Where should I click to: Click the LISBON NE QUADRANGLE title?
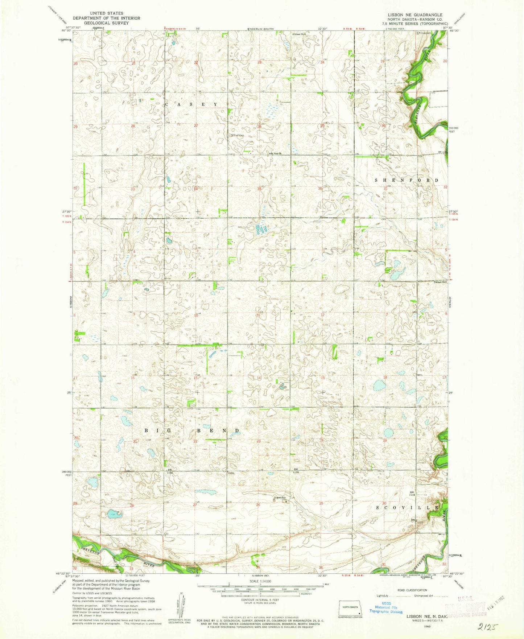tap(410, 15)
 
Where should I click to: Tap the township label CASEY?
tap(191, 104)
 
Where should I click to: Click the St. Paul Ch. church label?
tap(276, 153)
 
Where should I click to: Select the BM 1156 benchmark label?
tap(170, 471)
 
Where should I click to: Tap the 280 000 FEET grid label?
tap(67, 473)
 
